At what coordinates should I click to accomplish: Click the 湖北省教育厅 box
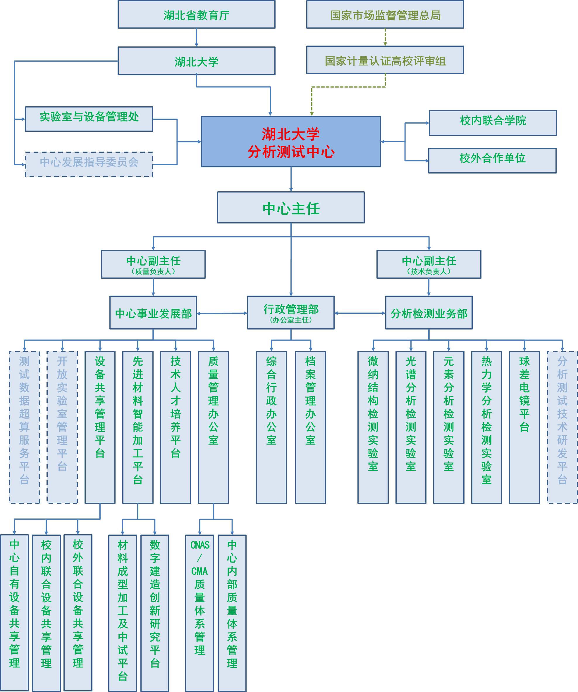pyautogui.click(x=196, y=15)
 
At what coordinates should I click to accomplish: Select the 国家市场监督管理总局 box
pyautogui.click(x=385, y=15)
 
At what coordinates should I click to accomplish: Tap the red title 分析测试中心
pyautogui.click(x=291, y=152)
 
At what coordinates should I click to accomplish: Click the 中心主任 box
pyautogui.click(x=291, y=208)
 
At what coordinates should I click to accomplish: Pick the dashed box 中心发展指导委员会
pyautogui.click(x=89, y=164)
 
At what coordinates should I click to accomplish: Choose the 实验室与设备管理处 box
pyautogui.click(x=89, y=119)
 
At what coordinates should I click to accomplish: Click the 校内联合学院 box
pyautogui.click(x=493, y=123)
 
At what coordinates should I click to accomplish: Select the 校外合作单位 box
pyautogui.click(x=492, y=160)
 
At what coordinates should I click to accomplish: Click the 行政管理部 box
pyautogui.click(x=291, y=312)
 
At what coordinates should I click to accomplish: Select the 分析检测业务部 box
pyautogui.click(x=429, y=312)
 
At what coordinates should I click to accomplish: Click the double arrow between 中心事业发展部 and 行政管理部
pyautogui.click(x=222, y=313)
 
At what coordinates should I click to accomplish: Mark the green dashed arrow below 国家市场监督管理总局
pyautogui.click(x=385, y=37)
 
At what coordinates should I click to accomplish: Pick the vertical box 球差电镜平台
pyautogui.click(x=524, y=427)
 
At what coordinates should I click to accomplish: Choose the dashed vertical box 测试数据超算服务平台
pyautogui.click(x=24, y=427)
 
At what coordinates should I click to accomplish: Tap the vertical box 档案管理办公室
pyautogui.click(x=310, y=427)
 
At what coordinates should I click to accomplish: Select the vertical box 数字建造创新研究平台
pyautogui.click(x=155, y=613)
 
